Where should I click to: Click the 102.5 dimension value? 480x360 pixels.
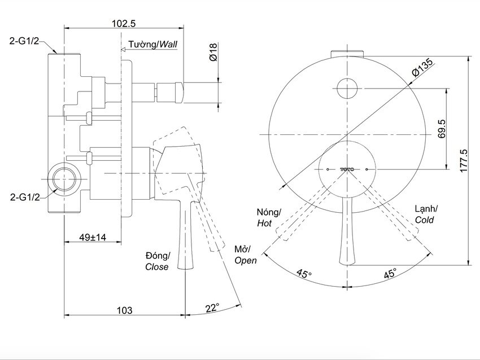pos(124,23)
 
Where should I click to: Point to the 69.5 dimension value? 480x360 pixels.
pos(442,128)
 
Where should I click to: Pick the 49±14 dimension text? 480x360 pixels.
pos(93,238)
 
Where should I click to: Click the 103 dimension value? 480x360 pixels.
pos(124,310)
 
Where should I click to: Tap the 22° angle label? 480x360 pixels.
pos(212,308)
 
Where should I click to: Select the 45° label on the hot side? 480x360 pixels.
pos(303,274)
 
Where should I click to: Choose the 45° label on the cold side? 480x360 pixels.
pos(390,274)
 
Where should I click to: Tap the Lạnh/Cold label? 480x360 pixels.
pos(426,214)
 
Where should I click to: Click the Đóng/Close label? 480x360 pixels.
pos(156,261)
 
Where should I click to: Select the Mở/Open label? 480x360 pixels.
pos(245,254)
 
